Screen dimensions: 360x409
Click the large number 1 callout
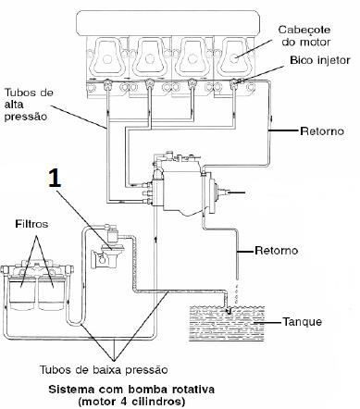(55, 178)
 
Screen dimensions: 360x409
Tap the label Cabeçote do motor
(304, 36)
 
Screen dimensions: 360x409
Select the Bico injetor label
(320, 60)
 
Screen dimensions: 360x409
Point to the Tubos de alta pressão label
(29, 105)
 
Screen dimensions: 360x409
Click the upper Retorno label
(322, 131)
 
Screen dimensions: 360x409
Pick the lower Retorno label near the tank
(277, 250)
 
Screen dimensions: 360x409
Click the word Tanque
(303, 322)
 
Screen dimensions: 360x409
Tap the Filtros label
(31, 224)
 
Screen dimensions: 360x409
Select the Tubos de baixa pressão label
(104, 370)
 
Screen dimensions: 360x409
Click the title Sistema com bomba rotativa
(131, 390)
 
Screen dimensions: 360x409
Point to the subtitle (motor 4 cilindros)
(131, 402)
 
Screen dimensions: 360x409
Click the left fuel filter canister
(22, 292)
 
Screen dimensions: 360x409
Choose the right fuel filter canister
(52, 292)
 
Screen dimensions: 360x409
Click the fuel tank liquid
(227, 323)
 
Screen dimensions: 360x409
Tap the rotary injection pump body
(182, 188)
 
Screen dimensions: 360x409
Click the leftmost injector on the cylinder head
(107, 84)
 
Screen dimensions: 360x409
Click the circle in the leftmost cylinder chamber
(107, 59)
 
